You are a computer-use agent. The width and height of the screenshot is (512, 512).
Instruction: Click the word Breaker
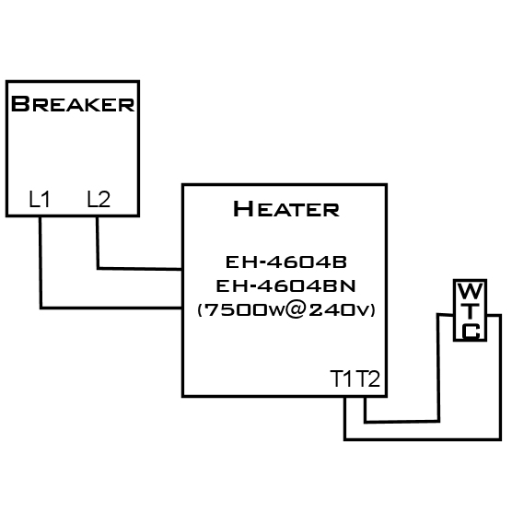tap(73, 104)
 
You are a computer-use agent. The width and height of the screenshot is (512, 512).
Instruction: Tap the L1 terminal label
tap(40, 199)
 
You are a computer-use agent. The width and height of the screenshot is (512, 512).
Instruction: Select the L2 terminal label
tap(99, 199)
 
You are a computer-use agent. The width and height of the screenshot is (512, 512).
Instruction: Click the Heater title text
tap(286, 209)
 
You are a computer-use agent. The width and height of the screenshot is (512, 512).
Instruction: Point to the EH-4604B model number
tap(286, 262)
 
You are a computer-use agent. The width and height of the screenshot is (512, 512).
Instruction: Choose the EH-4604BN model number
tap(285, 286)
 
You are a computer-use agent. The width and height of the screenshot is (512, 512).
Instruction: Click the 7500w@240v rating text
tap(286, 310)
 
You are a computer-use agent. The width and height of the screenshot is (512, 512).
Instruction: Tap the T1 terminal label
tap(342, 378)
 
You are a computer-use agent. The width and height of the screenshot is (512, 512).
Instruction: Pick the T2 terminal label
tap(367, 378)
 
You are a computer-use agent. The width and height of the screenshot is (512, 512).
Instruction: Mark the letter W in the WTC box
tap(471, 291)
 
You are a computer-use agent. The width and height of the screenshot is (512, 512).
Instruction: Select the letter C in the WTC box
tap(471, 332)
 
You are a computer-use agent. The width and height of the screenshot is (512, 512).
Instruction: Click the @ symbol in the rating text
tap(296, 310)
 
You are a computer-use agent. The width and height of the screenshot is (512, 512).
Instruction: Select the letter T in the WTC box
tap(471, 311)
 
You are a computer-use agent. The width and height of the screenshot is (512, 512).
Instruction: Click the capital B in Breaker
tap(20, 104)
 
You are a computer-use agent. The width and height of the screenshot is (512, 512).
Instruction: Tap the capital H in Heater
tap(243, 209)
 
